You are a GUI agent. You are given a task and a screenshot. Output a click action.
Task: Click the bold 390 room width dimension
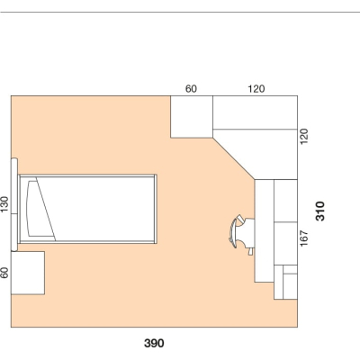[x=154, y=343]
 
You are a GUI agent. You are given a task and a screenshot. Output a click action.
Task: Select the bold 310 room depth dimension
[x=320, y=211]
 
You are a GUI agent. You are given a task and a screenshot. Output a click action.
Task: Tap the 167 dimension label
[x=304, y=238]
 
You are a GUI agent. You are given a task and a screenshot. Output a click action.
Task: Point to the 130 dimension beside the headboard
[x=4, y=204]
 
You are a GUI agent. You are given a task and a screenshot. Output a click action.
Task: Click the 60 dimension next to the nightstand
[x=4, y=273]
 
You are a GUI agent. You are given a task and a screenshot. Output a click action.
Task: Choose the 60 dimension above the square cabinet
[x=191, y=89]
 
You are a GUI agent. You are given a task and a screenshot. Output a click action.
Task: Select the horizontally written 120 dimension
[x=256, y=89]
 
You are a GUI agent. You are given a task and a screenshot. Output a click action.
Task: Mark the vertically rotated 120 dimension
[x=304, y=137]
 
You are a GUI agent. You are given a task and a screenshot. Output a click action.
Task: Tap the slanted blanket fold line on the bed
[x=46, y=209]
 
